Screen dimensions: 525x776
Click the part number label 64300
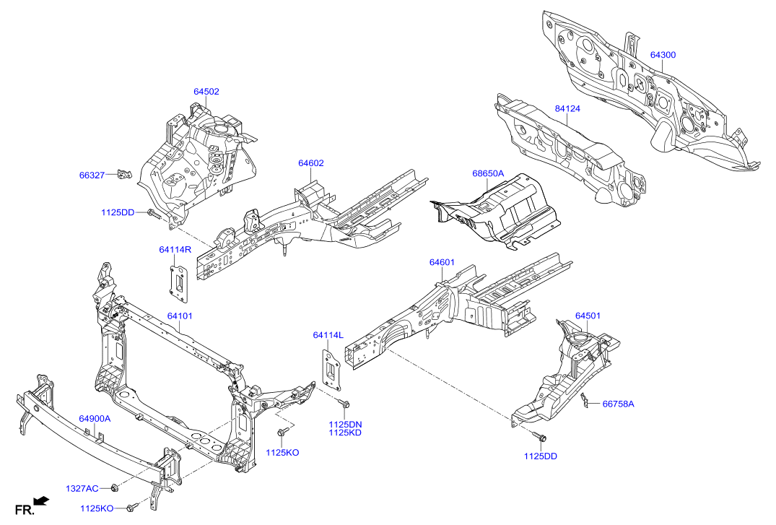pyautogui.click(x=663, y=55)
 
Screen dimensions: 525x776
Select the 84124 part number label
pyautogui.click(x=567, y=108)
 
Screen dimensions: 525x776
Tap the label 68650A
pyautogui.click(x=488, y=174)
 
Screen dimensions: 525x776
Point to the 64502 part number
pyautogui.click(x=206, y=92)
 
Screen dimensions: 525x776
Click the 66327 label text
pyautogui.click(x=92, y=175)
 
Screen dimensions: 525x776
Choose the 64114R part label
pyautogui.click(x=175, y=250)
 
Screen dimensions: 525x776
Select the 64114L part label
pyautogui.click(x=328, y=335)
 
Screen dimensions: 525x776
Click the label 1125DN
pyautogui.click(x=345, y=424)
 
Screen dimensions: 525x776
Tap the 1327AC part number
pyautogui.click(x=82, y=489)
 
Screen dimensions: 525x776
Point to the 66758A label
pyautogui.click(x=618, y=404)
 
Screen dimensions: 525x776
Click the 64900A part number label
pyautogui.click(x=95, y=419)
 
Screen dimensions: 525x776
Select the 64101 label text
pyautogui.click(x=180, y=316)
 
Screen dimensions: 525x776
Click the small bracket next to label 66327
pyautogui.click(x=125, y=174)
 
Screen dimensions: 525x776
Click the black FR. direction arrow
pyautogui.click(x=42, y=500)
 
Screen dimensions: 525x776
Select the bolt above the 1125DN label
pyautogui.click(x=344, y=404)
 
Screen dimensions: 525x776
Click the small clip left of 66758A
pyautogui.click(x=585, y=399)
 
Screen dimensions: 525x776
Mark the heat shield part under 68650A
pyautogui.click(x=502, y=212)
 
